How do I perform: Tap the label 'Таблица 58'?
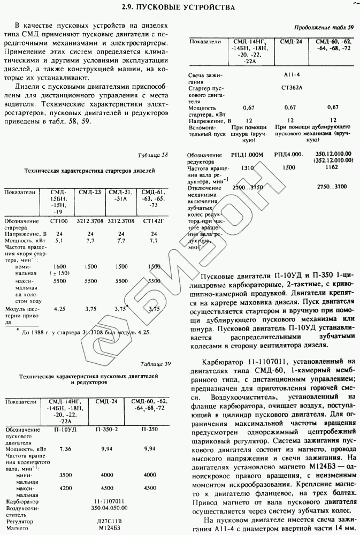153,155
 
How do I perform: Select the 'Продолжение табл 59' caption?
324,27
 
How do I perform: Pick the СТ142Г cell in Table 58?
154,220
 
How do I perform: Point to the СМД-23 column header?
90,192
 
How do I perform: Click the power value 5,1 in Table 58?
58,241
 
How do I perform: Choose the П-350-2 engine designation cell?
106,430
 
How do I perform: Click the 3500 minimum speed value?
66,475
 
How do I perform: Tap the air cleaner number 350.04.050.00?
108,508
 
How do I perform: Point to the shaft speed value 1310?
247,167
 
